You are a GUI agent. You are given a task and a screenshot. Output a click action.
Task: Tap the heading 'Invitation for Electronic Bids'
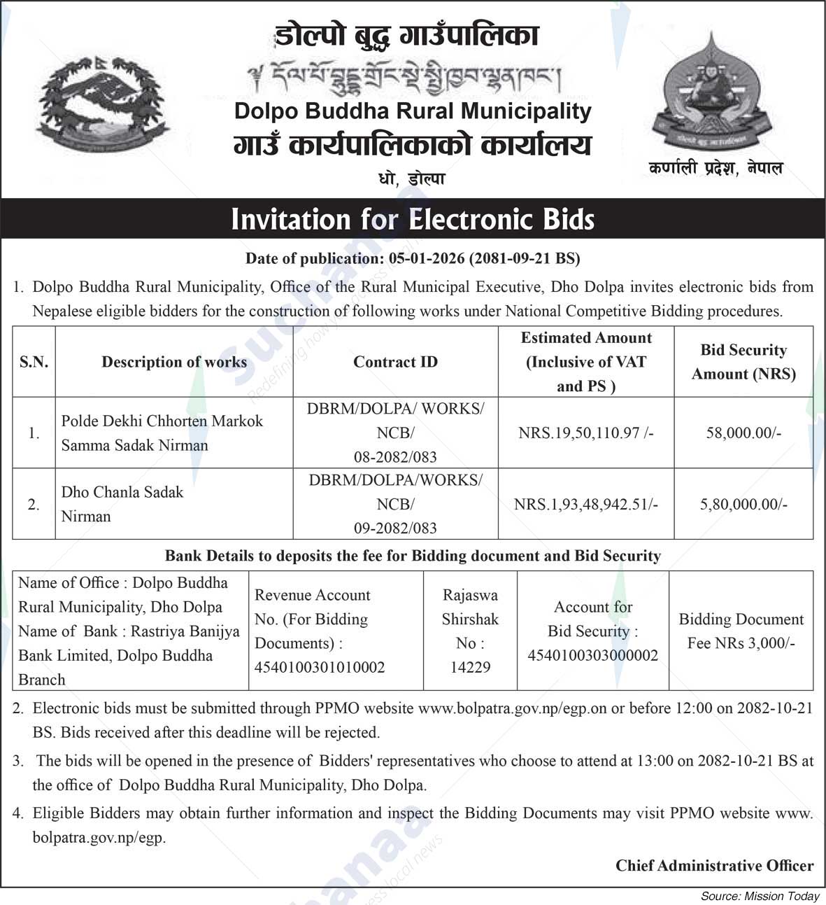(x=413, y=219)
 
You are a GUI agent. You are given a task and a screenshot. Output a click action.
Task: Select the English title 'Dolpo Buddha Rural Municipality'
(x=413, y=111)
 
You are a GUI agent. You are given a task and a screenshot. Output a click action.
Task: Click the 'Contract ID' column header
(x=395, y=362)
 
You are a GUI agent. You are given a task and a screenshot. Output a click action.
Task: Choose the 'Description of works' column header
(x=174, y=362)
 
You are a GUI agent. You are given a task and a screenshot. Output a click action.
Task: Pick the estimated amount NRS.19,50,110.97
(x=585, y=433)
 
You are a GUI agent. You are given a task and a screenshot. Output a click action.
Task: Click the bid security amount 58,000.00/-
(x=743, y=433)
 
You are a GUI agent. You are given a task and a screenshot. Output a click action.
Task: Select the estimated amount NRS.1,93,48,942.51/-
(x=585, y=504)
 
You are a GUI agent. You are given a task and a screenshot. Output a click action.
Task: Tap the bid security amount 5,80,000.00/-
(x=743, y=504)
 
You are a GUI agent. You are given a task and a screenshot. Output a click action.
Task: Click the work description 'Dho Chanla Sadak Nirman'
(x=122, y=504)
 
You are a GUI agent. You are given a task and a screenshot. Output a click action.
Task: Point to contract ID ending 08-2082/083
(x=395, y=457)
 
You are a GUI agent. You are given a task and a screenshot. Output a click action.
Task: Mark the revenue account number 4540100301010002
(x=320, y=667)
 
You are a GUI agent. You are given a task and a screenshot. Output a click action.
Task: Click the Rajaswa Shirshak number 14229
(x=470, y=667)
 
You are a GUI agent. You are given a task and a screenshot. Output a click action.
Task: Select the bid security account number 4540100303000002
(x=592, y=655)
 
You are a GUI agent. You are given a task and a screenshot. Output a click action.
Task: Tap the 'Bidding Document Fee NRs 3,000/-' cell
(x=741, y=631)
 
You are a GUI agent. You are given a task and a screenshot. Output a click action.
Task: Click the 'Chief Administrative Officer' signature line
(x=714, y=866)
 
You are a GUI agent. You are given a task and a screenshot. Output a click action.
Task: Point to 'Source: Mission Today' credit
(x=760, y=896)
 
